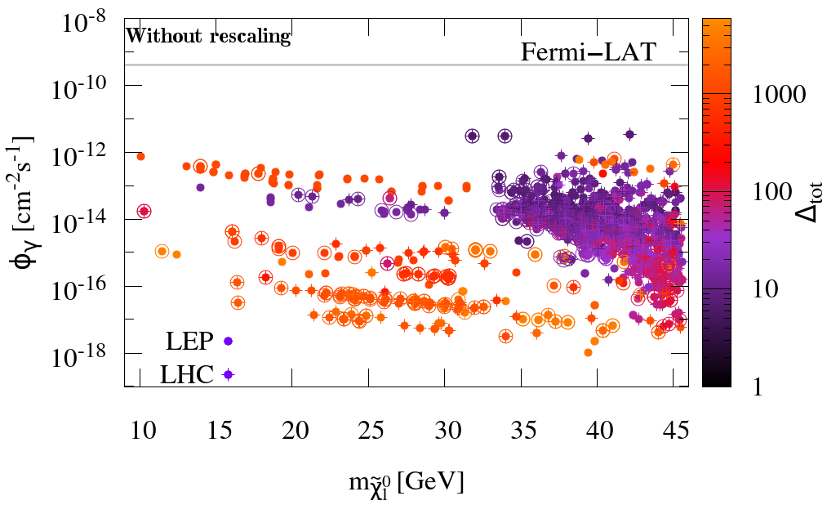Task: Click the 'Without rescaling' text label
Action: pos(208,36)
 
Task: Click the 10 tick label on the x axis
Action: pos(140,431)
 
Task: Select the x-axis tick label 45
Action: pos(674,431)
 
